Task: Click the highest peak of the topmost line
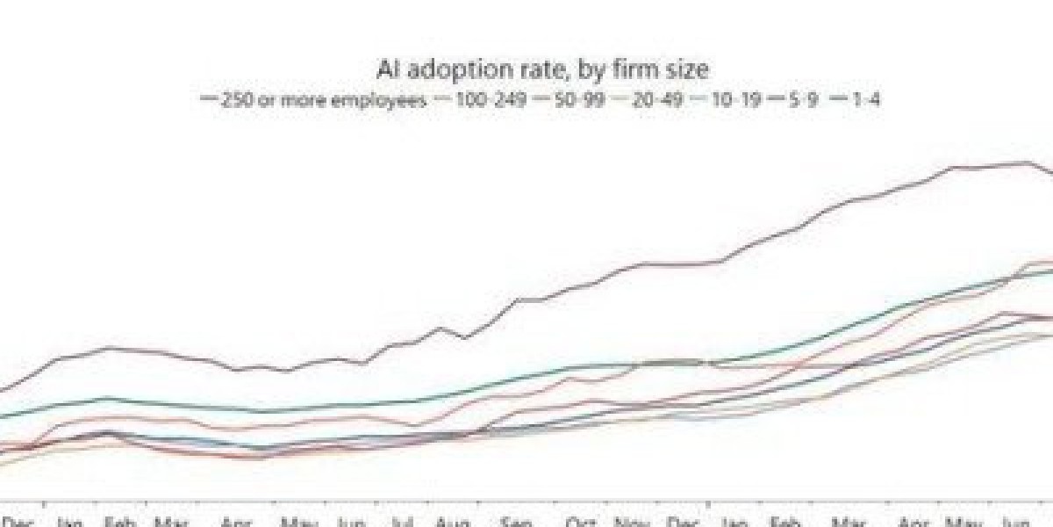click(1024, 162)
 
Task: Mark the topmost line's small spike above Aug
click(441, 328)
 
